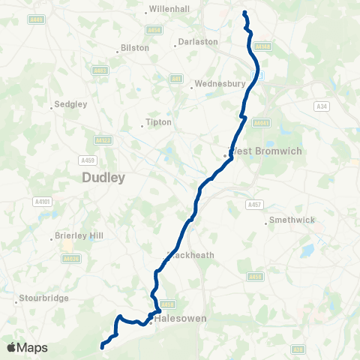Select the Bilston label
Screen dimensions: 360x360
[135, 48]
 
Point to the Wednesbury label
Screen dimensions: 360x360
[215, 84]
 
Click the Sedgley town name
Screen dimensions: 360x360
[68, 106]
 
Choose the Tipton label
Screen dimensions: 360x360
[160, 122]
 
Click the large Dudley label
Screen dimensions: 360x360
[103, 178]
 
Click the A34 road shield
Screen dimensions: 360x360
[323, 107]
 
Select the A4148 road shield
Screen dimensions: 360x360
[262, 46]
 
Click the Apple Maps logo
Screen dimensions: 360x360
[27, 347]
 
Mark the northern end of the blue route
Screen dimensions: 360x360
[244, 12]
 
